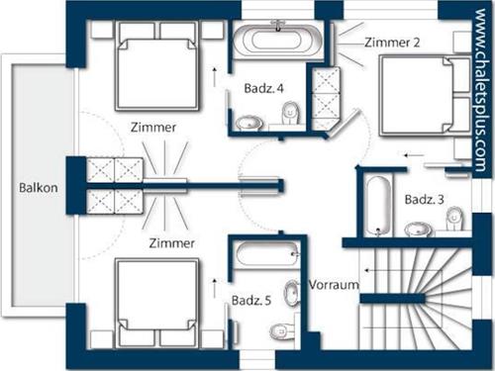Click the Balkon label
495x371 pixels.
coord(39,188)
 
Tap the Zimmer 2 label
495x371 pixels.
coord(392,43)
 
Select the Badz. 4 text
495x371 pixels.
coord(263,88)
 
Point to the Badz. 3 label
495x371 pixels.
coord(425,200)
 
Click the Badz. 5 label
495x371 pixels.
coord(251,301)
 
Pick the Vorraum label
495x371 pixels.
coord(334,285)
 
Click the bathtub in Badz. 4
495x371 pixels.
coord(277,41)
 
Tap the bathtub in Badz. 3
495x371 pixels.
coord(379,206)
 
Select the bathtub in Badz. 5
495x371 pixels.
coord(267,254)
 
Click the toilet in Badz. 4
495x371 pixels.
coord(291,114)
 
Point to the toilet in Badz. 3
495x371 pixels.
coord(455,219)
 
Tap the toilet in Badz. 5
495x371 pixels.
coord(281,331)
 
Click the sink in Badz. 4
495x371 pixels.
coord(249,123)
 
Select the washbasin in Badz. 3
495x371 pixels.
coord(419,230)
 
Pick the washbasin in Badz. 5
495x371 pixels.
coord(292,293)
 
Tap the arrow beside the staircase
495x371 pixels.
coord(377,270)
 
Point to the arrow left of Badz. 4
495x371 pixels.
coord(215,77)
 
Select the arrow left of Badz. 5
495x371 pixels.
coord(215,288)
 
